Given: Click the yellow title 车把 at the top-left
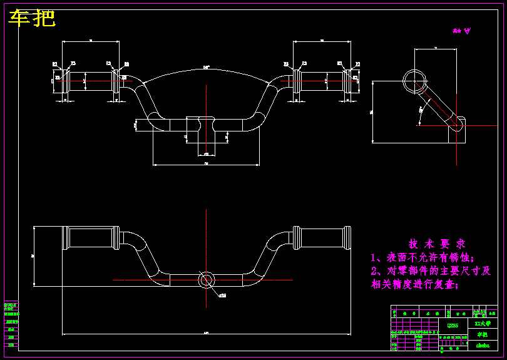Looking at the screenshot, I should coord(32,19).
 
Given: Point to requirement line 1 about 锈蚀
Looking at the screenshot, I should coord(422,257).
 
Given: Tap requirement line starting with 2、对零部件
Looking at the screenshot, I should coord(431,271).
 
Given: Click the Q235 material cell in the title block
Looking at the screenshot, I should coord(453,325).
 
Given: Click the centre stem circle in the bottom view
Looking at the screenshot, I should coord(206,280).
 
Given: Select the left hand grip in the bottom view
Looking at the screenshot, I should coord(89,238).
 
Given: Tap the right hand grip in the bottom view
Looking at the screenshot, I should coord(322,238).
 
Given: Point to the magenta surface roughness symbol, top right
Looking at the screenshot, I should coord(461,31).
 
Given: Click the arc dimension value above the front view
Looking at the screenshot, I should coord(206,67).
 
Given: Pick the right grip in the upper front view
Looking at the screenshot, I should coord(322,80).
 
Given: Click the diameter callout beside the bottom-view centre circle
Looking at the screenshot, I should coord(222,295).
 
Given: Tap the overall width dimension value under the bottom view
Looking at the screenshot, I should coord(206,332).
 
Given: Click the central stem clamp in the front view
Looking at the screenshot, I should coord(206,123).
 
